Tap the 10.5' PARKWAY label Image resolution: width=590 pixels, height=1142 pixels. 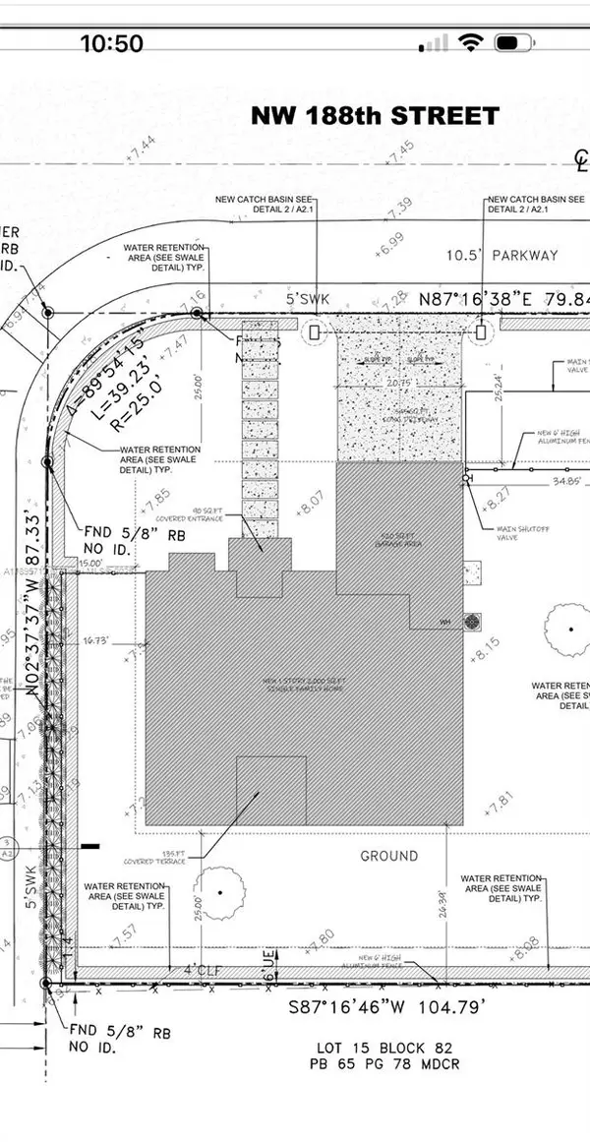501,256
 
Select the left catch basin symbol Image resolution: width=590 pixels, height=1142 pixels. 315,332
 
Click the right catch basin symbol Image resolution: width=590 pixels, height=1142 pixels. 481,332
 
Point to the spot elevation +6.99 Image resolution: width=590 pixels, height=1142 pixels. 389,238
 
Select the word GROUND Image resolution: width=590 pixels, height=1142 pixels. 388,856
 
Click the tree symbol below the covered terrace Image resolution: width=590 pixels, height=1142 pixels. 219,892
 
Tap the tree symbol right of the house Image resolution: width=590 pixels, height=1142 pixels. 568,630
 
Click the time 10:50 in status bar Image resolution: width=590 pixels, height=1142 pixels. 111,43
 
